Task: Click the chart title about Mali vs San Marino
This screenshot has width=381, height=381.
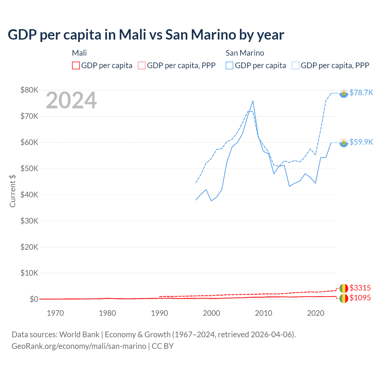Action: click(x=146, y=35)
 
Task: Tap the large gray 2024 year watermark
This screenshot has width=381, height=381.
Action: click(x=71, y=100)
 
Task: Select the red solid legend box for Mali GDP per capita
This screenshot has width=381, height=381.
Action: click(x=76, y=65)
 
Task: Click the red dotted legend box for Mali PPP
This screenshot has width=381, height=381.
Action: click(x=142, y=65)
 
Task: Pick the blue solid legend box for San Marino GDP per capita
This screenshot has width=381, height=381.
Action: click(x=229, y=65)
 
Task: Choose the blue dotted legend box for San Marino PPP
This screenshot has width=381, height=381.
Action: click(x=296, y=65)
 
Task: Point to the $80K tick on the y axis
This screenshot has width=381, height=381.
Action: click(x=29, y=90)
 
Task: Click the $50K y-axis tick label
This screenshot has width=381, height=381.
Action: click(x=29, y=168)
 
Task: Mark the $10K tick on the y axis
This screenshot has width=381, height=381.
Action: click(x=29, y=273)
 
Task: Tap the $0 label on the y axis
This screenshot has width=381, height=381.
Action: click(x=34, y=299)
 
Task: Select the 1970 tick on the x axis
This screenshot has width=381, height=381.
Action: click(x=55, y=313)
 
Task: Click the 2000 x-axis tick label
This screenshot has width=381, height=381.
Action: click(x=211, y=313)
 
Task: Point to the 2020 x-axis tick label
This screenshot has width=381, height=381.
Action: click(x=316, y=313)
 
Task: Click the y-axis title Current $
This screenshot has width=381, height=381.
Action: click(x=13, y=191)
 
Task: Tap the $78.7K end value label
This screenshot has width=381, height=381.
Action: click(x=361, y=93)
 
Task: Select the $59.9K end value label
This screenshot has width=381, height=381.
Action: click(x=361, y=142)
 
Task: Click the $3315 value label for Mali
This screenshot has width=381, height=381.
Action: click(x=360, y=288)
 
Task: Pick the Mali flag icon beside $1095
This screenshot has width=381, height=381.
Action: click(x=344, y=298)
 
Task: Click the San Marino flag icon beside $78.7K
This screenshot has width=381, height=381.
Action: click(x=344, y=93)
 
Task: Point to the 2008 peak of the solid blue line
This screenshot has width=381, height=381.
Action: click(x=253, y=101)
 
